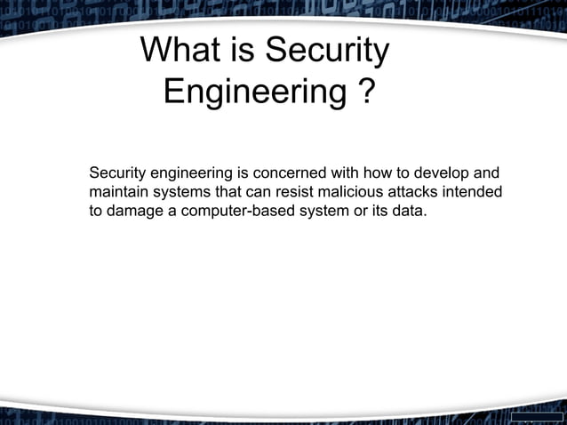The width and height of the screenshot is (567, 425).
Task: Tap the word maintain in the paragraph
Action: pos(118,192)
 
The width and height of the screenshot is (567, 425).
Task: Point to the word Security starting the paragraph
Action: pos(119,172)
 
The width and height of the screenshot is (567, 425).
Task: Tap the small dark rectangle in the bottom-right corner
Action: pos(538,417)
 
